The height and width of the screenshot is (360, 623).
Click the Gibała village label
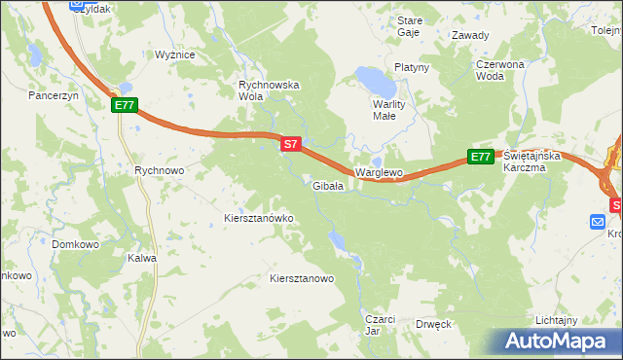point(327,186)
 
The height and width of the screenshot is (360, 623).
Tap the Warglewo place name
point(379,172)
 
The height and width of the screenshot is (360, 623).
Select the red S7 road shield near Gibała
point(290,144)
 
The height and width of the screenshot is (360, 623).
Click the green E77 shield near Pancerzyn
point(124,105)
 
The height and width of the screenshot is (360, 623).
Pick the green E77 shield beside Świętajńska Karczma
point(480,157)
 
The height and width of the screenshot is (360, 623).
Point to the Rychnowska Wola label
point(270,90)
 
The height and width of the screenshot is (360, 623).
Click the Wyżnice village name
point(175,54)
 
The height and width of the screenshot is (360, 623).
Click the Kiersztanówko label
point(259,218)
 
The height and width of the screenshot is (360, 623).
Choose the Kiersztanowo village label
point(302,278)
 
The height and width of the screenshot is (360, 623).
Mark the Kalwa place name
point(142,259)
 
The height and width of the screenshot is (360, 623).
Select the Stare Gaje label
point(410,26)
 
